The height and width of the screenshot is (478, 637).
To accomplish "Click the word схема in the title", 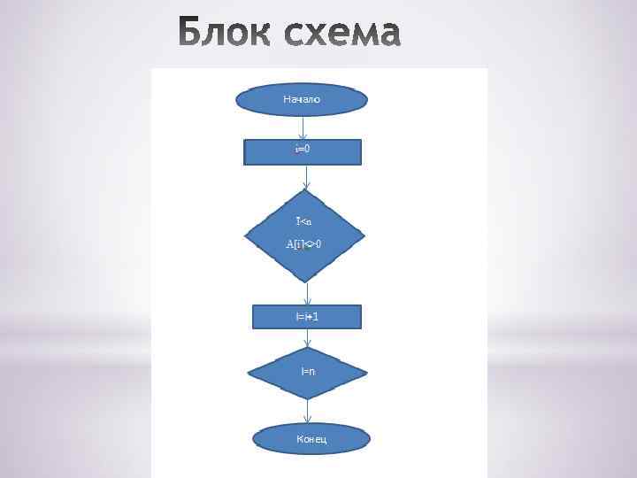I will tap(341, 34).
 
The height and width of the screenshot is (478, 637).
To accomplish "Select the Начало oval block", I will tap(303, 100).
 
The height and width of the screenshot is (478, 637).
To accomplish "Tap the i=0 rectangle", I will tap(303, 151).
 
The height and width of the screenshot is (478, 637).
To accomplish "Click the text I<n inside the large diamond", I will tap(303, 220).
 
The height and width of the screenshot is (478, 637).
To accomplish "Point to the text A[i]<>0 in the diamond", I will tap(303, 243).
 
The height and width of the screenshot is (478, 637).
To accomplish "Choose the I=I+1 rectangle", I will tap(306, 316).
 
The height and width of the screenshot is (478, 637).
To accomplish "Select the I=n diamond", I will tap(307, 372).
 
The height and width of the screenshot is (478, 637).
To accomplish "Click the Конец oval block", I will tap(311, 439).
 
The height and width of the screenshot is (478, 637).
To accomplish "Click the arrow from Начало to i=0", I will tap(303, 127).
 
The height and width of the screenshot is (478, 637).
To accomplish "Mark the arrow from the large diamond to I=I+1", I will tap(306, 293).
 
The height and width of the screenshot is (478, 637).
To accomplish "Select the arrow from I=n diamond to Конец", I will tap(308, 411).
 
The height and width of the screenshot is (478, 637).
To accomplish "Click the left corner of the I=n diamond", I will tap(249, 373).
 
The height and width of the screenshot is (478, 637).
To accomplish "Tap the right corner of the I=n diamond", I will tap(366, 372).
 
